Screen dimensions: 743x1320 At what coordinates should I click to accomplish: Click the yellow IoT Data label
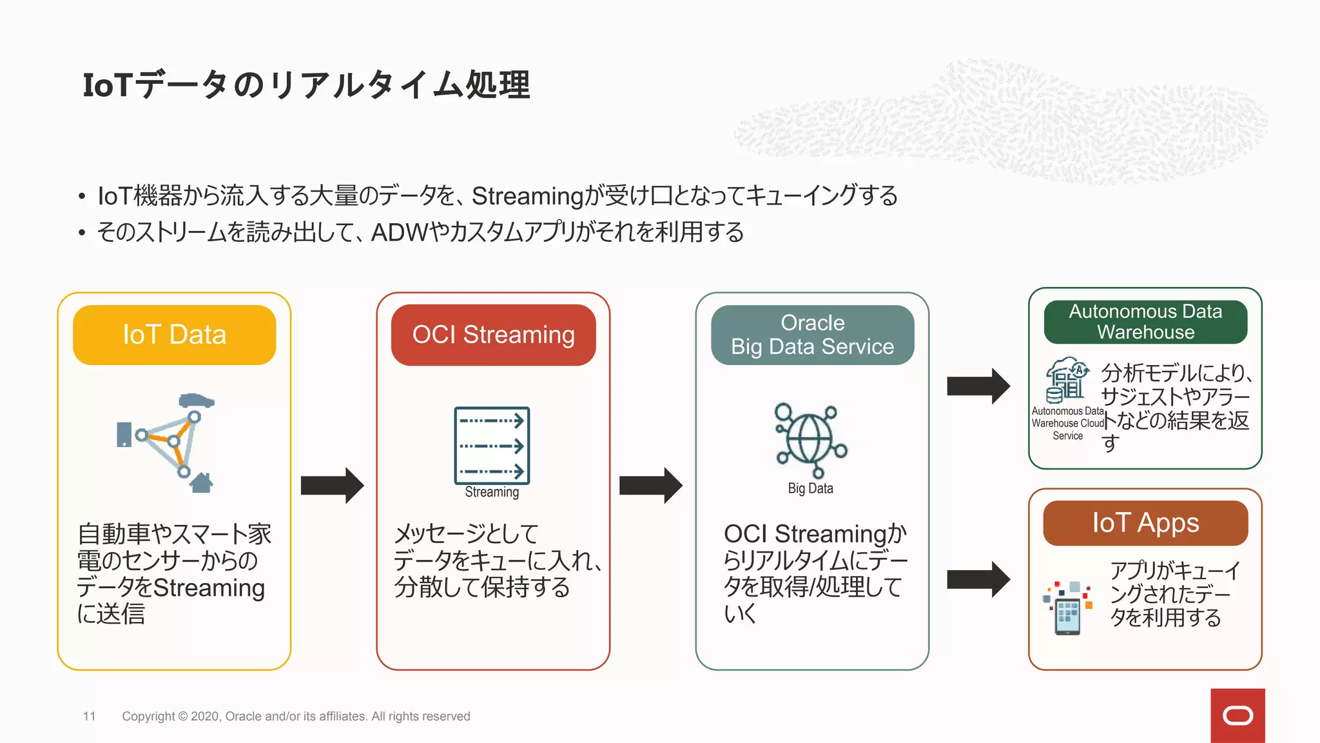(174, 335)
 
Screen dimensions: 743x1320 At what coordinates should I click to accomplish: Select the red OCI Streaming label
(493, 335)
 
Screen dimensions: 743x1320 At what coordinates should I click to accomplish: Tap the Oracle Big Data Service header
(812, 335)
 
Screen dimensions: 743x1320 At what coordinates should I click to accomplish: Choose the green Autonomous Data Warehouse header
(1145, 322)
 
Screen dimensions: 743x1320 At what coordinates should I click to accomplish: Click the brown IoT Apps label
(1145, 523)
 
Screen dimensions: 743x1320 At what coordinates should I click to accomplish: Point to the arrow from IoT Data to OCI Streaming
(332, 485)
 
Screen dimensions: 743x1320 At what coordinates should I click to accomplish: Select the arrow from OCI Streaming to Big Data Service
(650, 485)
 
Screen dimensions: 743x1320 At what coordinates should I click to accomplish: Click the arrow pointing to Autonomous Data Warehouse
(978, 386)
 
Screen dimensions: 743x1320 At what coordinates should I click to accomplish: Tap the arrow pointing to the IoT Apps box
(978, 579)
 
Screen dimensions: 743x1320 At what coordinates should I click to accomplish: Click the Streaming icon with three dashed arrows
(492, 446)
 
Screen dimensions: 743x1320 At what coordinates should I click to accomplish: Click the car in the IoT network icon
(196, 401)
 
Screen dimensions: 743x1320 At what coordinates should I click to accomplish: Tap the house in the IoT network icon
(202, 482)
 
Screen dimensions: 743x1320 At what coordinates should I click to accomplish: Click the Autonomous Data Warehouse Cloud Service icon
(1067, 381)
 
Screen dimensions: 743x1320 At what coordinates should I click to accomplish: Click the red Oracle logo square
(1237, 715)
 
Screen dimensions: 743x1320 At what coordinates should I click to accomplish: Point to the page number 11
(89, 716)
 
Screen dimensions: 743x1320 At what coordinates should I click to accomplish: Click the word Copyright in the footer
(148, 716)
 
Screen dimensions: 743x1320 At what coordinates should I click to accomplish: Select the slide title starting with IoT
(306, 85)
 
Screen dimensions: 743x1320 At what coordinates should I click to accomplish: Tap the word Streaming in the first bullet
(527, 196)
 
